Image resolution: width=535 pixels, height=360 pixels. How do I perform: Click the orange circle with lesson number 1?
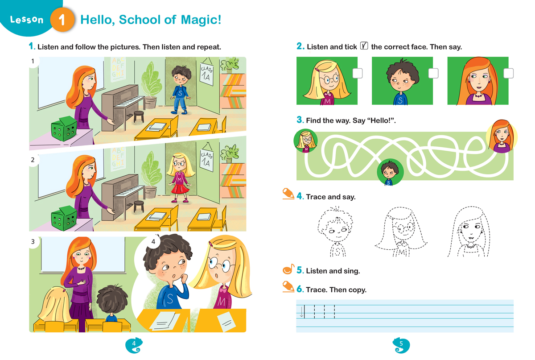[x=62, y=20]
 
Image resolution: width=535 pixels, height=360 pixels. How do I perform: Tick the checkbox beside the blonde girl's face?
[x=357, y=74]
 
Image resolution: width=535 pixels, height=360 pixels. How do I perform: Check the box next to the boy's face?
[x=433, y=74]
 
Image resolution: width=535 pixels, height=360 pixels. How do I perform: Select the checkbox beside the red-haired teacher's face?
[x=508, y=74]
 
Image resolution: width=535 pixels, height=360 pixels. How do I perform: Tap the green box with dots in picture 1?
[x=64, y=129]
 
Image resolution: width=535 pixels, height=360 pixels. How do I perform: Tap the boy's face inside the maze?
[x=390, y=172]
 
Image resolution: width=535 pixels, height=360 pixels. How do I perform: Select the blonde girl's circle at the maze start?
[x=306, y=141]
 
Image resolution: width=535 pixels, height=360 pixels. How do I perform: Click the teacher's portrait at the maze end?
[x=502, y=137]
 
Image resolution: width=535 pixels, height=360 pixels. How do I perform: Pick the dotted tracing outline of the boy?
[x=336, y=232]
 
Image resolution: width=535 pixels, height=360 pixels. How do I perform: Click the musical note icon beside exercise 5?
[x=288, y=269]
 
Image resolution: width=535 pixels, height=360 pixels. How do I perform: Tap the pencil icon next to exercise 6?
[x=288, y=286]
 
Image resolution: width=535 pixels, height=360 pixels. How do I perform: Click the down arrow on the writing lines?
[x=301, y=312]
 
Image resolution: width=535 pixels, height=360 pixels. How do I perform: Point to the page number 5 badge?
[x=401, y=345]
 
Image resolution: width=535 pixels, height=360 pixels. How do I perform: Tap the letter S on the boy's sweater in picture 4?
[x=170, y=299]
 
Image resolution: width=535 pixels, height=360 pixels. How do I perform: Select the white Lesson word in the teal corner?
[x=27, y=20]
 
